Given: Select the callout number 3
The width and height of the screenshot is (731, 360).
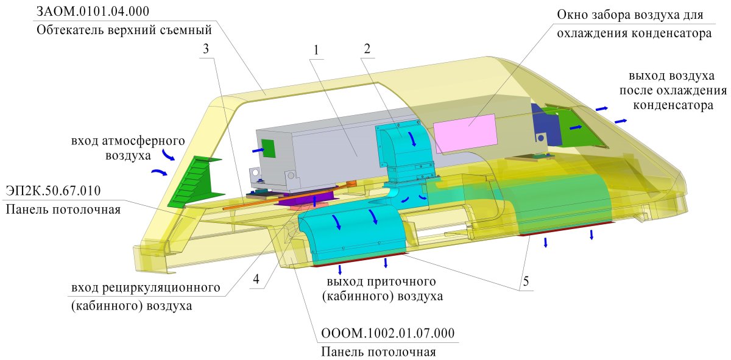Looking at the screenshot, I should pyautogui.click(x=207, y=51).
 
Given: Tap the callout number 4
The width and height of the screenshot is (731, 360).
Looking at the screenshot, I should pyautogui.click(x=256, y=279).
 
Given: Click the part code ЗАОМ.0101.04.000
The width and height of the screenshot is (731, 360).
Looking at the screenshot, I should pyautogui.click(x=93, y=12).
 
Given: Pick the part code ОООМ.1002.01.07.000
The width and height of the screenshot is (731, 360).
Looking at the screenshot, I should pyautogui.click(x=387, y=334).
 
